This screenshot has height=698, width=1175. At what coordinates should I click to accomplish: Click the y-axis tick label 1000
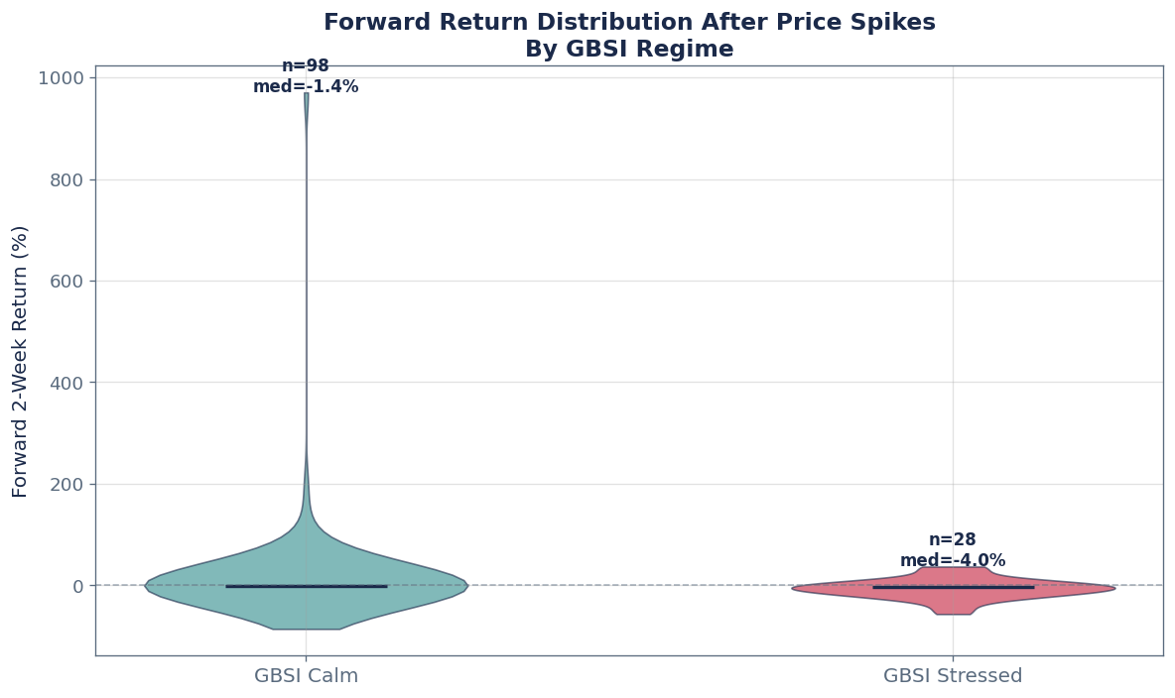point(65,78)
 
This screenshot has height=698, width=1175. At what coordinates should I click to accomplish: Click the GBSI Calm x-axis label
point(306,676)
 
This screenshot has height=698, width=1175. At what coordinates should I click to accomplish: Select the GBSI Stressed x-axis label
point(953,676)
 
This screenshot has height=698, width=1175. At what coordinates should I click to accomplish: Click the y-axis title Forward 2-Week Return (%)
point(21,361)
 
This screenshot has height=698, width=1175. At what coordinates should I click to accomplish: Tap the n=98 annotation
point(306,66)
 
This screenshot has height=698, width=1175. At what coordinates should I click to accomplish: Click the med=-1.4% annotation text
point(306,87)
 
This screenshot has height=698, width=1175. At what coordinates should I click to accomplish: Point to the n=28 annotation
point(953,540)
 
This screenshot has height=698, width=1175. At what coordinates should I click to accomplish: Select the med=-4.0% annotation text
point(953,561)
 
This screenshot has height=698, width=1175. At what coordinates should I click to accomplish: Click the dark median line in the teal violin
point(306,586)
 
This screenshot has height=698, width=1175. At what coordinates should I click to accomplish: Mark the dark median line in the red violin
point(953,588)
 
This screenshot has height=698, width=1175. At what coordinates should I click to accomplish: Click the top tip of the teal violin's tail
point(307,94)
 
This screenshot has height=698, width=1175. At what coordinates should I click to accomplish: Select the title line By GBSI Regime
point(629,50)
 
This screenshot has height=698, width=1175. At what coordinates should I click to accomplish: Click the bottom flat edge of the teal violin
point(306,629)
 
